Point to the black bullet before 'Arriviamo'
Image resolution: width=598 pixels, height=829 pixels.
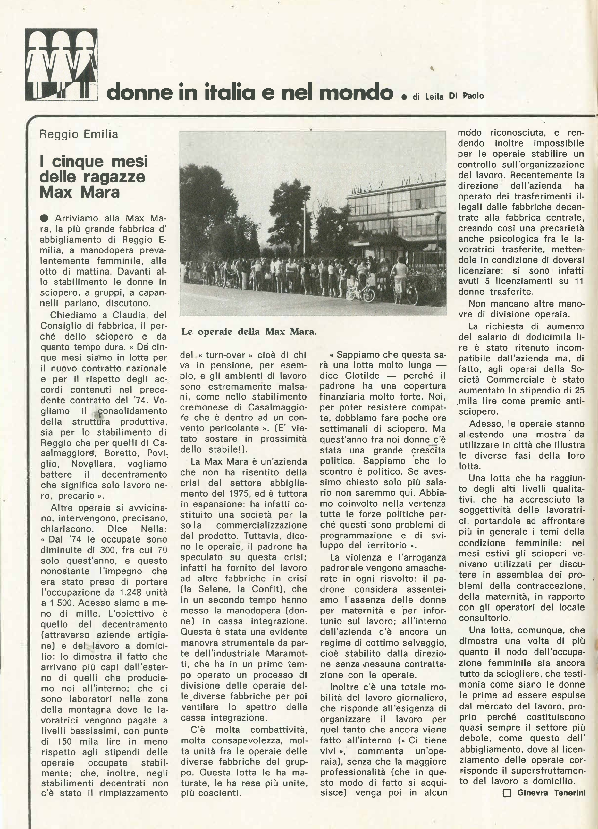tap(45, 218)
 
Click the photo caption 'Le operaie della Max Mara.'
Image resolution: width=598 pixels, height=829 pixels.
tap(249, 332)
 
